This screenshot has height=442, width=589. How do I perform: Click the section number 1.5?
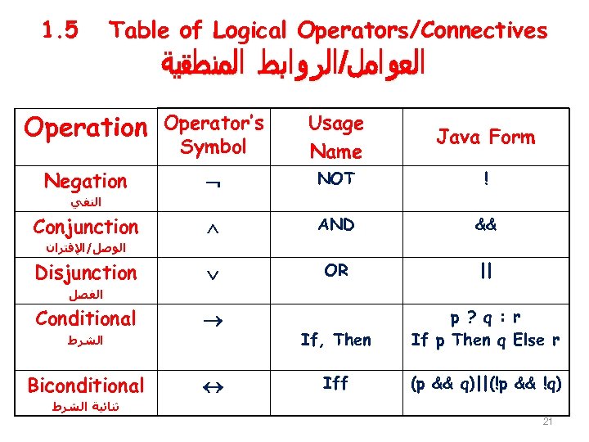click(60, 31)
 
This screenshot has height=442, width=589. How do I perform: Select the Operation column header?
click(84, 129)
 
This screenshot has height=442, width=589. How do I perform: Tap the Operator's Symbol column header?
click(214, 135)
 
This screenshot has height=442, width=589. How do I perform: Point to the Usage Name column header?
click(335, 138)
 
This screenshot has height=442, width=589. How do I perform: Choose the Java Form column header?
click(485, 138)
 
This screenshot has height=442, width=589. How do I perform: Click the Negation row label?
click(85, 181)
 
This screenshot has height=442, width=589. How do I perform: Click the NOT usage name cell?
click(336, 179)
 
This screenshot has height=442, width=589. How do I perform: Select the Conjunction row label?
click(85, 226)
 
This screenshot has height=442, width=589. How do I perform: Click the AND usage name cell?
click(336, 224)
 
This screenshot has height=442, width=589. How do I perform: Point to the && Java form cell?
click(487, 225)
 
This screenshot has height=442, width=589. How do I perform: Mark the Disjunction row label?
click(85, 272)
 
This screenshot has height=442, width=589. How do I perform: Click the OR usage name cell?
click(336, 270)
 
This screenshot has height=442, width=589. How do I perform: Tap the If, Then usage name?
click(335, 340)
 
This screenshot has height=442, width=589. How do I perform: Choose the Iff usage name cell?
click(335, 382)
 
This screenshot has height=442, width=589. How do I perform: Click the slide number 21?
click(548, 422)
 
